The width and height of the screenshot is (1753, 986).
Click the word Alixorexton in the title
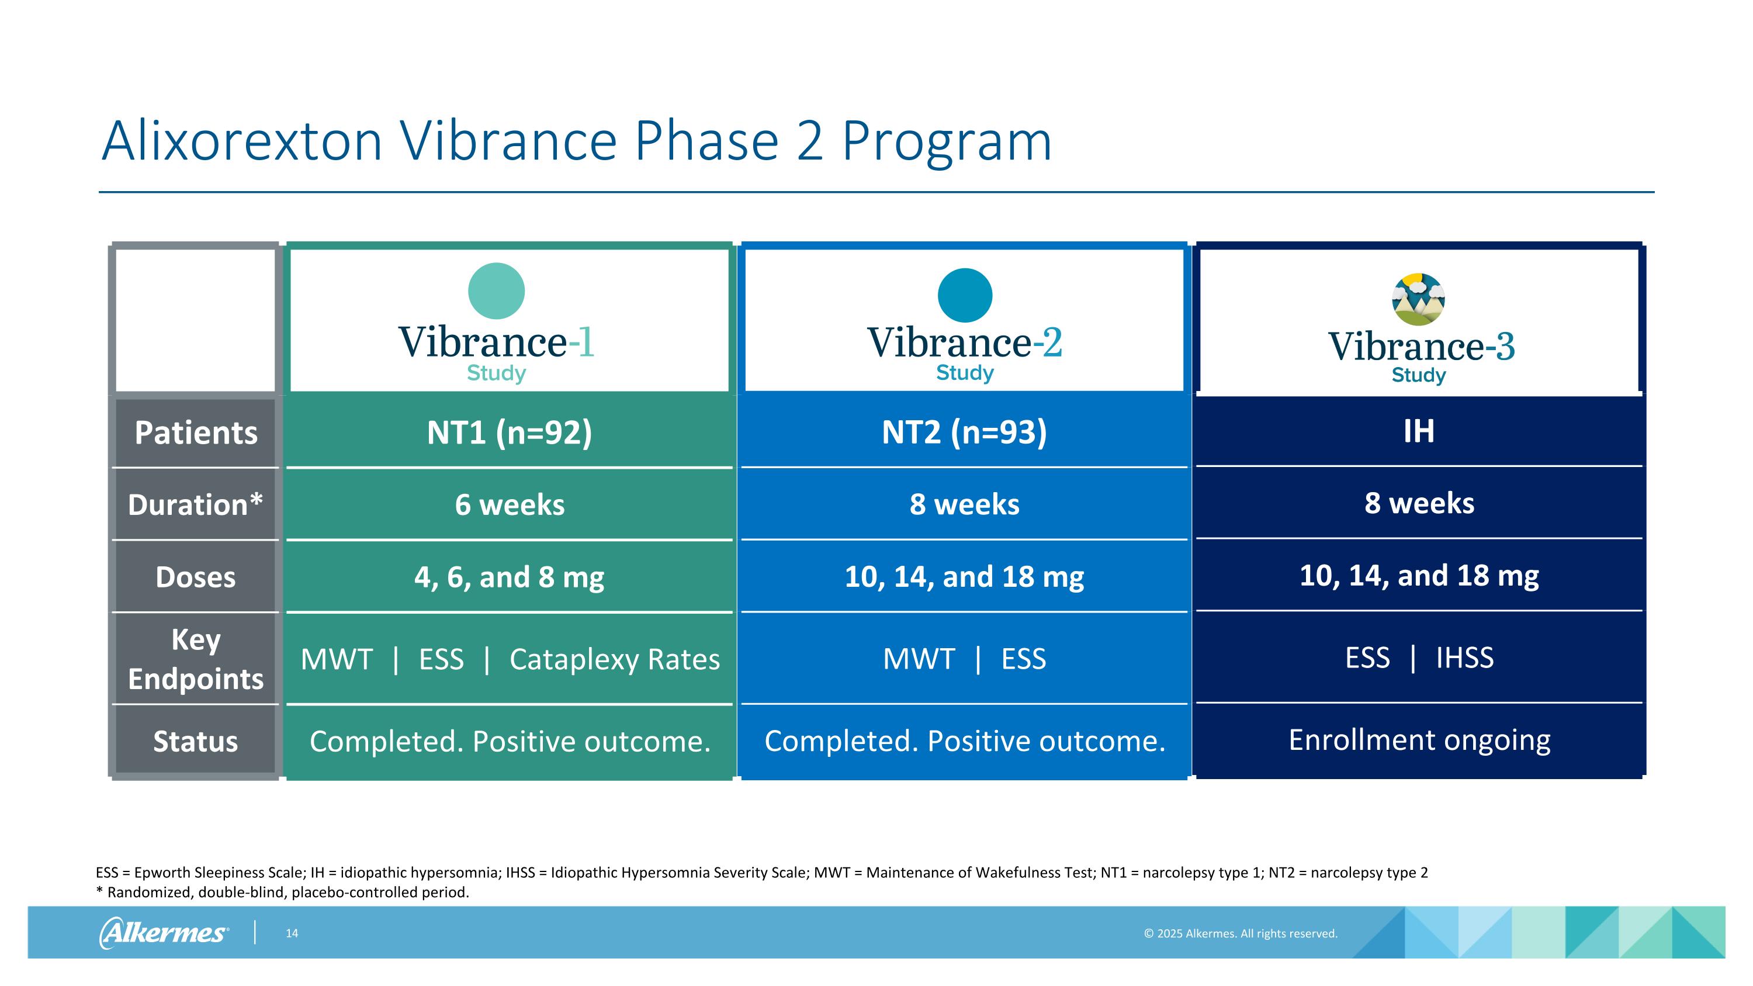pos(241,141)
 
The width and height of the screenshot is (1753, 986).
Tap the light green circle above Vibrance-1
pos(496,291)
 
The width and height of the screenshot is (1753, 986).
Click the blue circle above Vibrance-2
pos(964,295)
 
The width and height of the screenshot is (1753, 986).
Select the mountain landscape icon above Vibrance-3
pos(1418,299)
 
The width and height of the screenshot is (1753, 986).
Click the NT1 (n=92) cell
pos(509,432)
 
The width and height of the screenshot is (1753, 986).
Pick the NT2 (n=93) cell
pos(964,432)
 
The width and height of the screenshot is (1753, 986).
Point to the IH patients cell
pos(1418,431)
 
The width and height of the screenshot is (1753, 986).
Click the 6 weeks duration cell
pos(509,505)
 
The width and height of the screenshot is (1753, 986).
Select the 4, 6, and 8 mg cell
pos(509,577)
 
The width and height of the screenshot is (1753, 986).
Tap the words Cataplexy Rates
pos(614,659)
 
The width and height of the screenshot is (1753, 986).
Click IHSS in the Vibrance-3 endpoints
pos(1464,658)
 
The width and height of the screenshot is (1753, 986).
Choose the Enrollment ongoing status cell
pos(1419,740)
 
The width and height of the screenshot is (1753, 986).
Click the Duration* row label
pos(195,505)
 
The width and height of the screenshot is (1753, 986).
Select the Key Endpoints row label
pos(195,659)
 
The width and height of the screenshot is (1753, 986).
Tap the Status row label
pos(195,741)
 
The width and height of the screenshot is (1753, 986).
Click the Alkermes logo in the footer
pos(164,933)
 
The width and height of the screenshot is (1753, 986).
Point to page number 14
pos(291,933)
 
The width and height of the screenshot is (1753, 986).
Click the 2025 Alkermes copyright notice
pos(1240,933)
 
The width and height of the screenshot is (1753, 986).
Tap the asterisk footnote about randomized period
pos(282,892)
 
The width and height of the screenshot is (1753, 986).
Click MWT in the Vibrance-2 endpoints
pos(919,659)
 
